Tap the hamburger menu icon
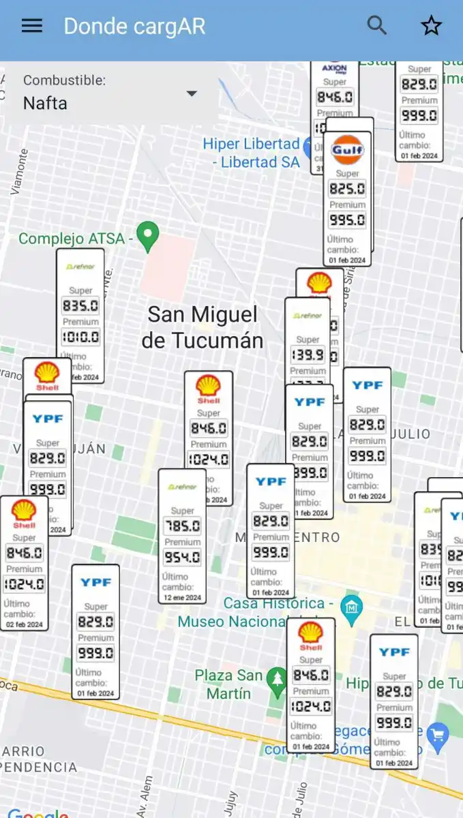[x=32, y=26]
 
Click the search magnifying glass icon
[x=377, y=26]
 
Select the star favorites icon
[x=431, y=26]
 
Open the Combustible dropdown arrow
[x=192, y=93]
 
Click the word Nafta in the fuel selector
[x=45, y=103]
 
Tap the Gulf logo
[x=347, y=150]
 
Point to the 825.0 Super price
[x=347, y=189]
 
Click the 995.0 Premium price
[x=347, y=220]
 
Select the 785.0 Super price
[x=182, y=526]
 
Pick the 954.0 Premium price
[x=182, y=558]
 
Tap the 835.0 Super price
[x=80, y=305]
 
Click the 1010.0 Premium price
[x=80, y=337]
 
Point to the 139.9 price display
[x=307, y=354]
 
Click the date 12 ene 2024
[x=182, y=598]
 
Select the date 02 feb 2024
[x=24, y=624]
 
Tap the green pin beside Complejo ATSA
[x=147, y=237]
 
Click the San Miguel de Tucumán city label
[x=203, y=327]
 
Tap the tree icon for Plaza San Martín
[x=277, y=678]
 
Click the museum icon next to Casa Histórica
[x=351, y=606]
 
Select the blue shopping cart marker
[x=438, y=735]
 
